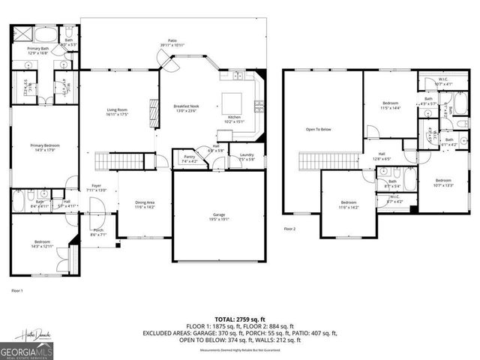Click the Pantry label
click(x=189, y=157)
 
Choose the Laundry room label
click(x=247, y=157)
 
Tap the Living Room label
click(x=118, y=112)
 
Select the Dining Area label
click(x=144, y=204)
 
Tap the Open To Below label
click(x=319, y=130)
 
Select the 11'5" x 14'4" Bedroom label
click(x=391, y=106)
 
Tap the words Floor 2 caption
click(x=290, y=228)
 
